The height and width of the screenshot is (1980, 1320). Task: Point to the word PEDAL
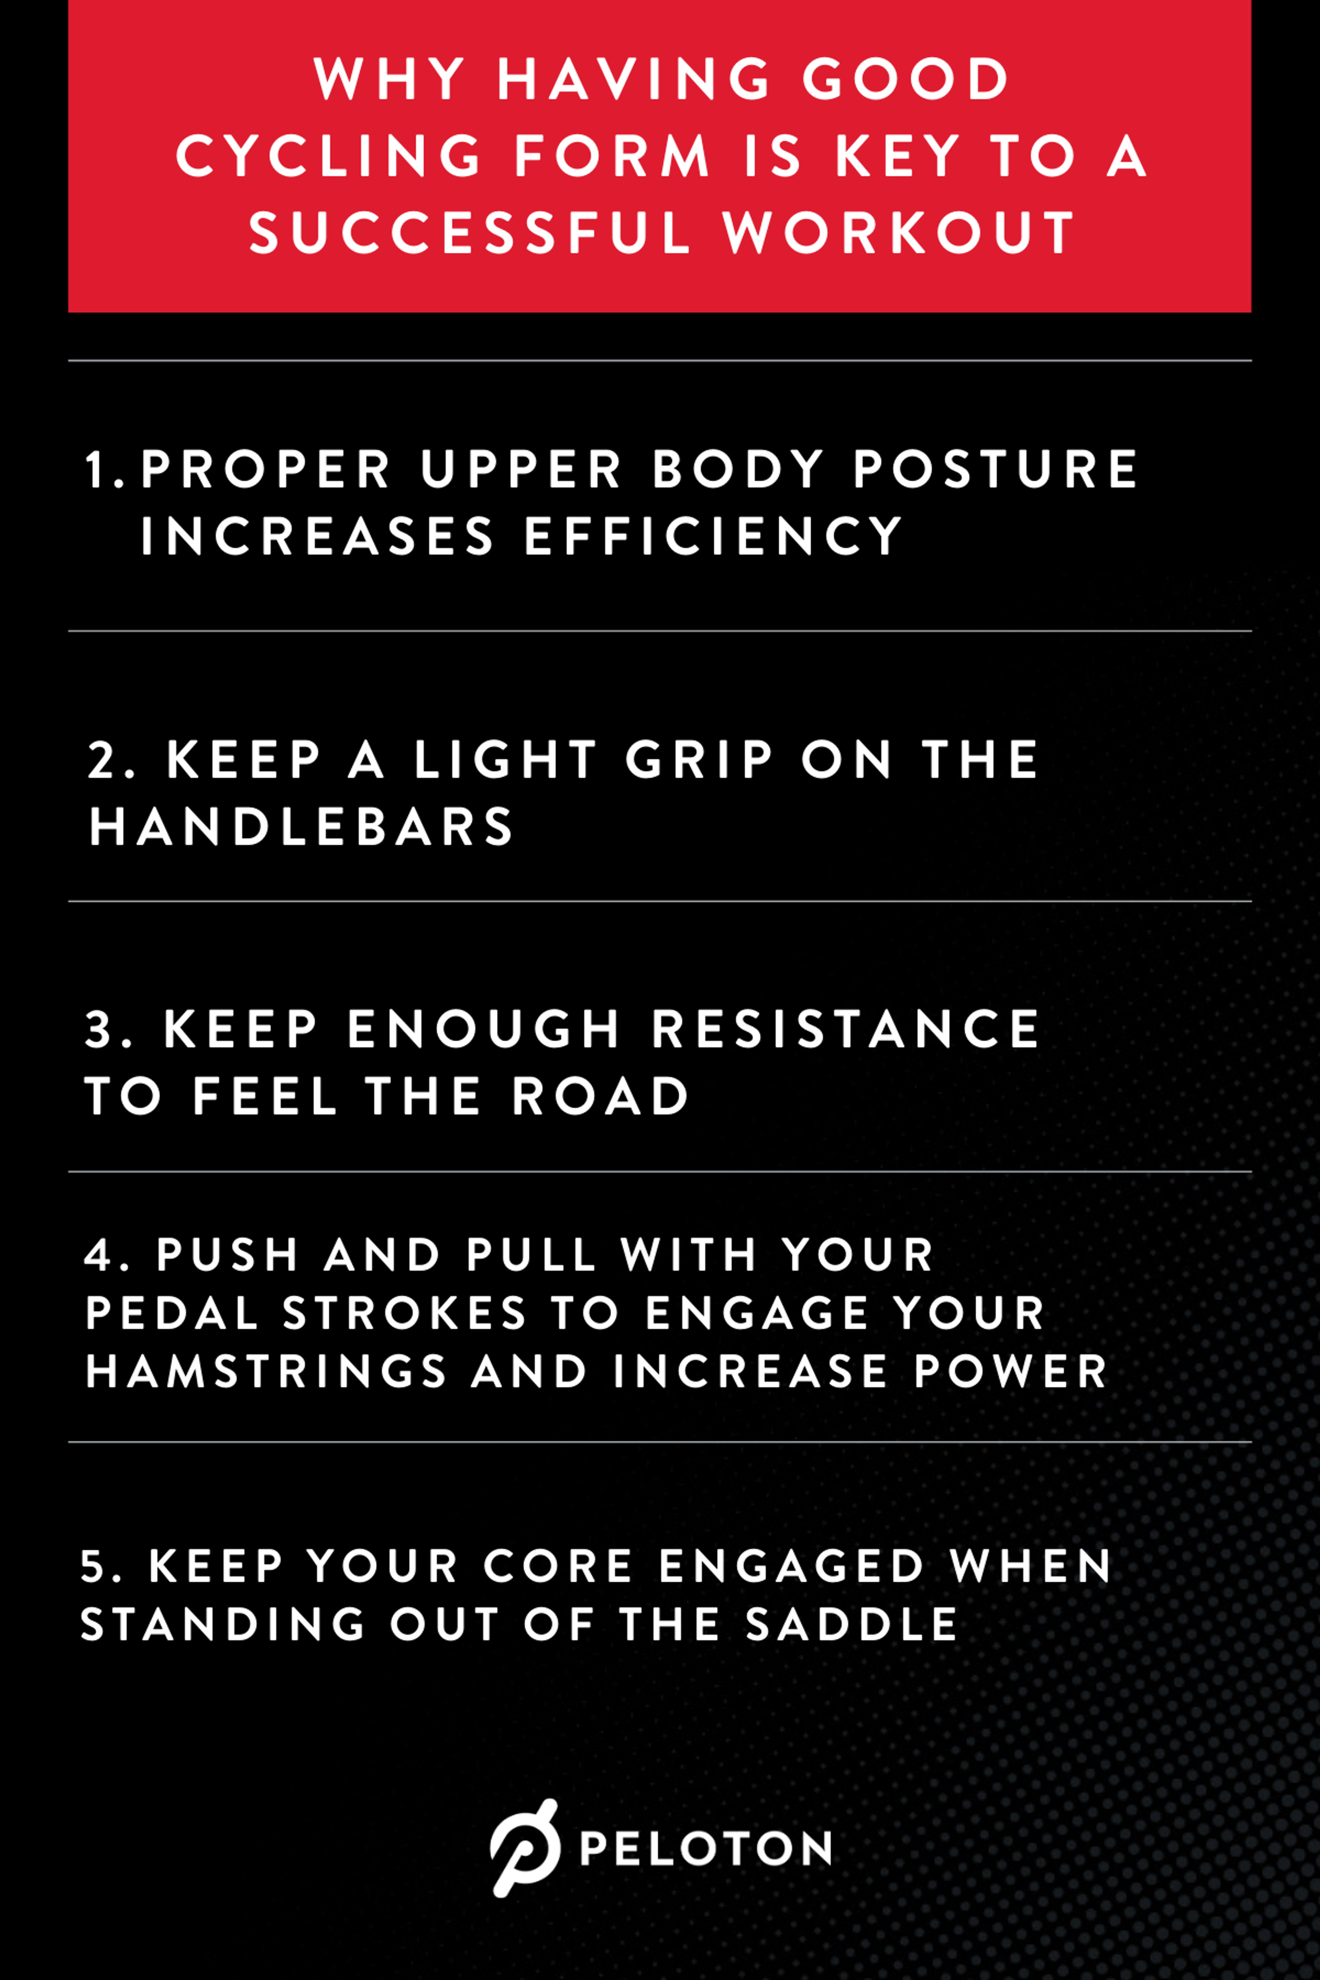[x=172, y=1313]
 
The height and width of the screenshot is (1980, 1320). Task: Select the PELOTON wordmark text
[x=705, y=1849]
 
